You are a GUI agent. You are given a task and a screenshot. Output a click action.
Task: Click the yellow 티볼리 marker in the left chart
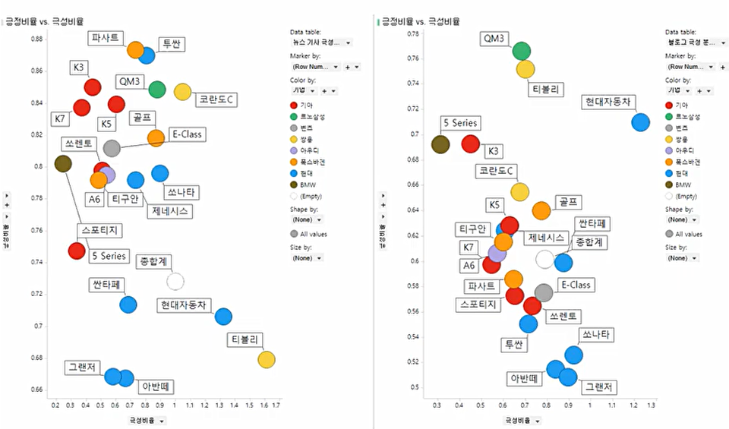[266, 359]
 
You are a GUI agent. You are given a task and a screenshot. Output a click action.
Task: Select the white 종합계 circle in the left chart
[175, 282]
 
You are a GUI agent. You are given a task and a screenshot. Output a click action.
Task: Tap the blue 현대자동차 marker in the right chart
[640, 122]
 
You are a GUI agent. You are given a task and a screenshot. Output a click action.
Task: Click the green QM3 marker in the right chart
[521, 51]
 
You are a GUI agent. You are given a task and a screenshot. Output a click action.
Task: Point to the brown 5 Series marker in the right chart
[440, 144]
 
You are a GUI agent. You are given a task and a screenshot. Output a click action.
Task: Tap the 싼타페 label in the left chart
[106, 285]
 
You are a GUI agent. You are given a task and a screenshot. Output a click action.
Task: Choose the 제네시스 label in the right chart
[546, 238]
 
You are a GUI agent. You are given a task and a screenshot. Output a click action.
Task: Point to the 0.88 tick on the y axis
[36, 39]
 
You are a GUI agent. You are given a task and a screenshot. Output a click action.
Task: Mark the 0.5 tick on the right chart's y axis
[415, 387]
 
